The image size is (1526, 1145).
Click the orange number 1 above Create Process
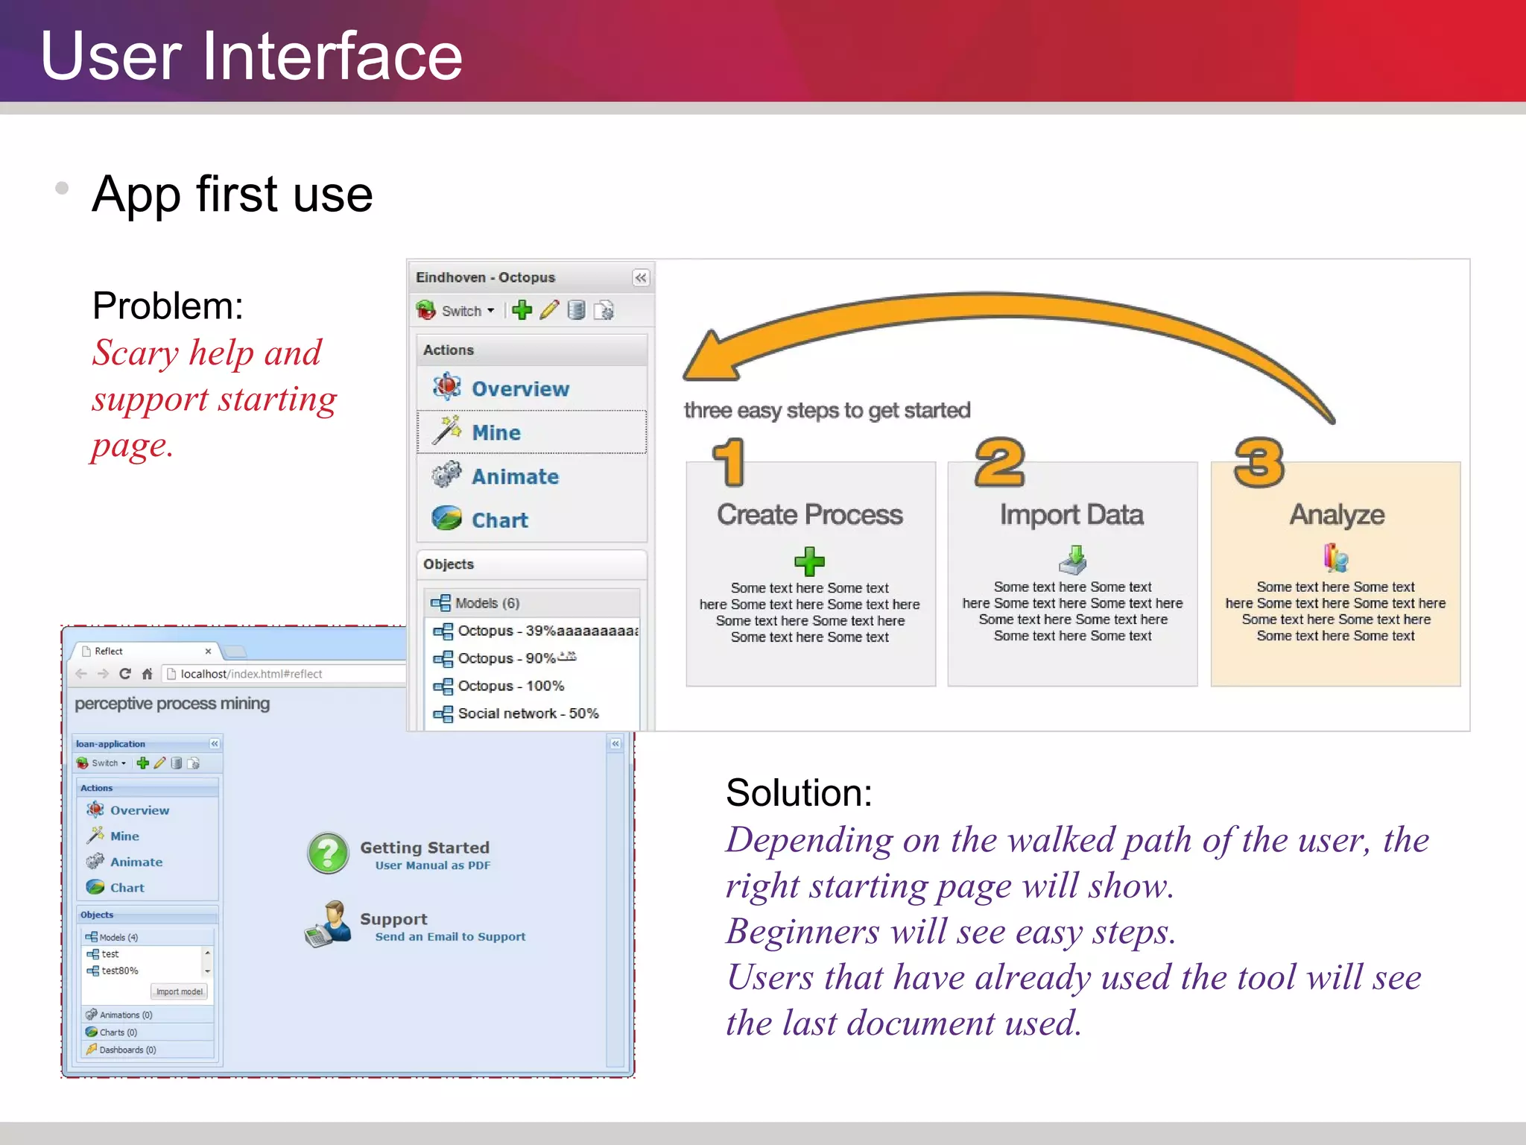point(729,463)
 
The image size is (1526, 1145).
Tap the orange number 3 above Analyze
point(1259,463)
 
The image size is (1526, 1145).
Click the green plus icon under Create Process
point(809,561)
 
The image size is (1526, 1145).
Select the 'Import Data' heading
point(1071,515)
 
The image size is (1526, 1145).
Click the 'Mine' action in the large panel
point(496,432)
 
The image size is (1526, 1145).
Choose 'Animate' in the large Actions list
point(515,476)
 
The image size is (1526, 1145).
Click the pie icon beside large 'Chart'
point(447,519)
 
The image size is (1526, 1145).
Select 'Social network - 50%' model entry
point(528,713)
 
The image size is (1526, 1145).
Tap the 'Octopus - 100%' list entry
point(510,686)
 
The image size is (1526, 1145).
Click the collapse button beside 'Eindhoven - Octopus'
point(640,278)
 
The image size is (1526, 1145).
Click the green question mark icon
point(328,854)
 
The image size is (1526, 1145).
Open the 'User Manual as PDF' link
point(433,865)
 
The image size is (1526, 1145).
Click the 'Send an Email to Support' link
point(450,937)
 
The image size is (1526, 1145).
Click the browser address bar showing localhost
point(283,674)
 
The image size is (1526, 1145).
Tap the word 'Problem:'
point(168,306)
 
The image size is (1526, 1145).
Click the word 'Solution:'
point(799,792)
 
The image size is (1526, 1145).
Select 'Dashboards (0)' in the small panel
point(127,1050)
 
